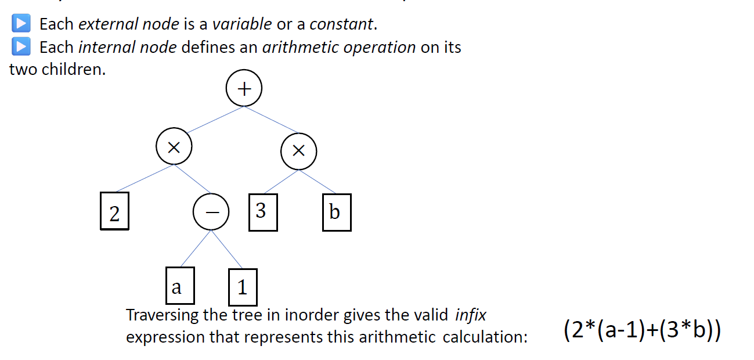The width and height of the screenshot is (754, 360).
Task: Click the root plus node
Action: coord(244,89)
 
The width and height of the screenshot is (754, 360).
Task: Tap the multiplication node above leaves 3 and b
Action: coord(298,151)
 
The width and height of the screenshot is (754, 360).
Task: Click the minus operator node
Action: coord(211,213)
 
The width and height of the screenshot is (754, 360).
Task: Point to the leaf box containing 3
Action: coord(261,211)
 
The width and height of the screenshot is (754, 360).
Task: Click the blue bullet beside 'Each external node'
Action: coord(21,24)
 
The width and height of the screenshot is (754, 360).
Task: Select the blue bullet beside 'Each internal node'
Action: coord(21,46)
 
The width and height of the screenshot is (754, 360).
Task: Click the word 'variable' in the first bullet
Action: coord(241,24)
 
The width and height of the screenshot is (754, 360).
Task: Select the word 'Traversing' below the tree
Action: coord(163,315)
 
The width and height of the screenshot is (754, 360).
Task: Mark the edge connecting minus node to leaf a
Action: coord(194,249)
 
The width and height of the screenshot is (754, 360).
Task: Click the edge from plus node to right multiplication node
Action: coord(272,120)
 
